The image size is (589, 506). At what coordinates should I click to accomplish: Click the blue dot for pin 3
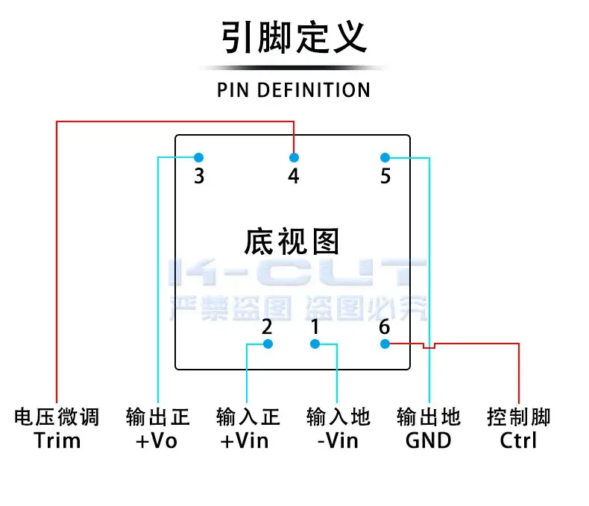click(x=199, y=157)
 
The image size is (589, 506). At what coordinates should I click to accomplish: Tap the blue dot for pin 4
click(x=294, y=157)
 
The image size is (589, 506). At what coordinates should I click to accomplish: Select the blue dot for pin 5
click(x=385, y=157)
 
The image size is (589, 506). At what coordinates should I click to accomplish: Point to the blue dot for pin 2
click(x=268, y=344)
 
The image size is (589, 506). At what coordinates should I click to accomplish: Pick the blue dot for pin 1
click(x=315, y=344)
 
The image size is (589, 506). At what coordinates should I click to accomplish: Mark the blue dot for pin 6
click(x=385, y=344)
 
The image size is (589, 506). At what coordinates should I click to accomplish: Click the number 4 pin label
click(x=294, y=177)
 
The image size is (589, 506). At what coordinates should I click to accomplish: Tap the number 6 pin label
click(x=385, y=326)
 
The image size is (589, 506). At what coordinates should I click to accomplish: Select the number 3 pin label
click(x=199, y=177)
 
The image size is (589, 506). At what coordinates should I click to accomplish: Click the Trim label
click(x=57, y=440)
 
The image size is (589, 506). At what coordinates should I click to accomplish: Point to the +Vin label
click(x=245, y=440)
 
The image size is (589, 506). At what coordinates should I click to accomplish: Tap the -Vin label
click(x=338, y=440)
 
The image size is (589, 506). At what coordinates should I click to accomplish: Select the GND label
click(x=429, y=440)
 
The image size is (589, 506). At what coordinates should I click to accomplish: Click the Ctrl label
click(x=519, y=440)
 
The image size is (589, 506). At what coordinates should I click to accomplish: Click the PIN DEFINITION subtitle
click(x=294, y=90)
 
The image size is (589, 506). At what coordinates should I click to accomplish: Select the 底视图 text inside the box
click(x=292, y=241)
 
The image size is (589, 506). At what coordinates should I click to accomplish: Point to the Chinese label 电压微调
click(x=57, y=417)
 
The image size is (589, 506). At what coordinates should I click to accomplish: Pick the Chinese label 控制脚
click(x=519, y=417)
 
